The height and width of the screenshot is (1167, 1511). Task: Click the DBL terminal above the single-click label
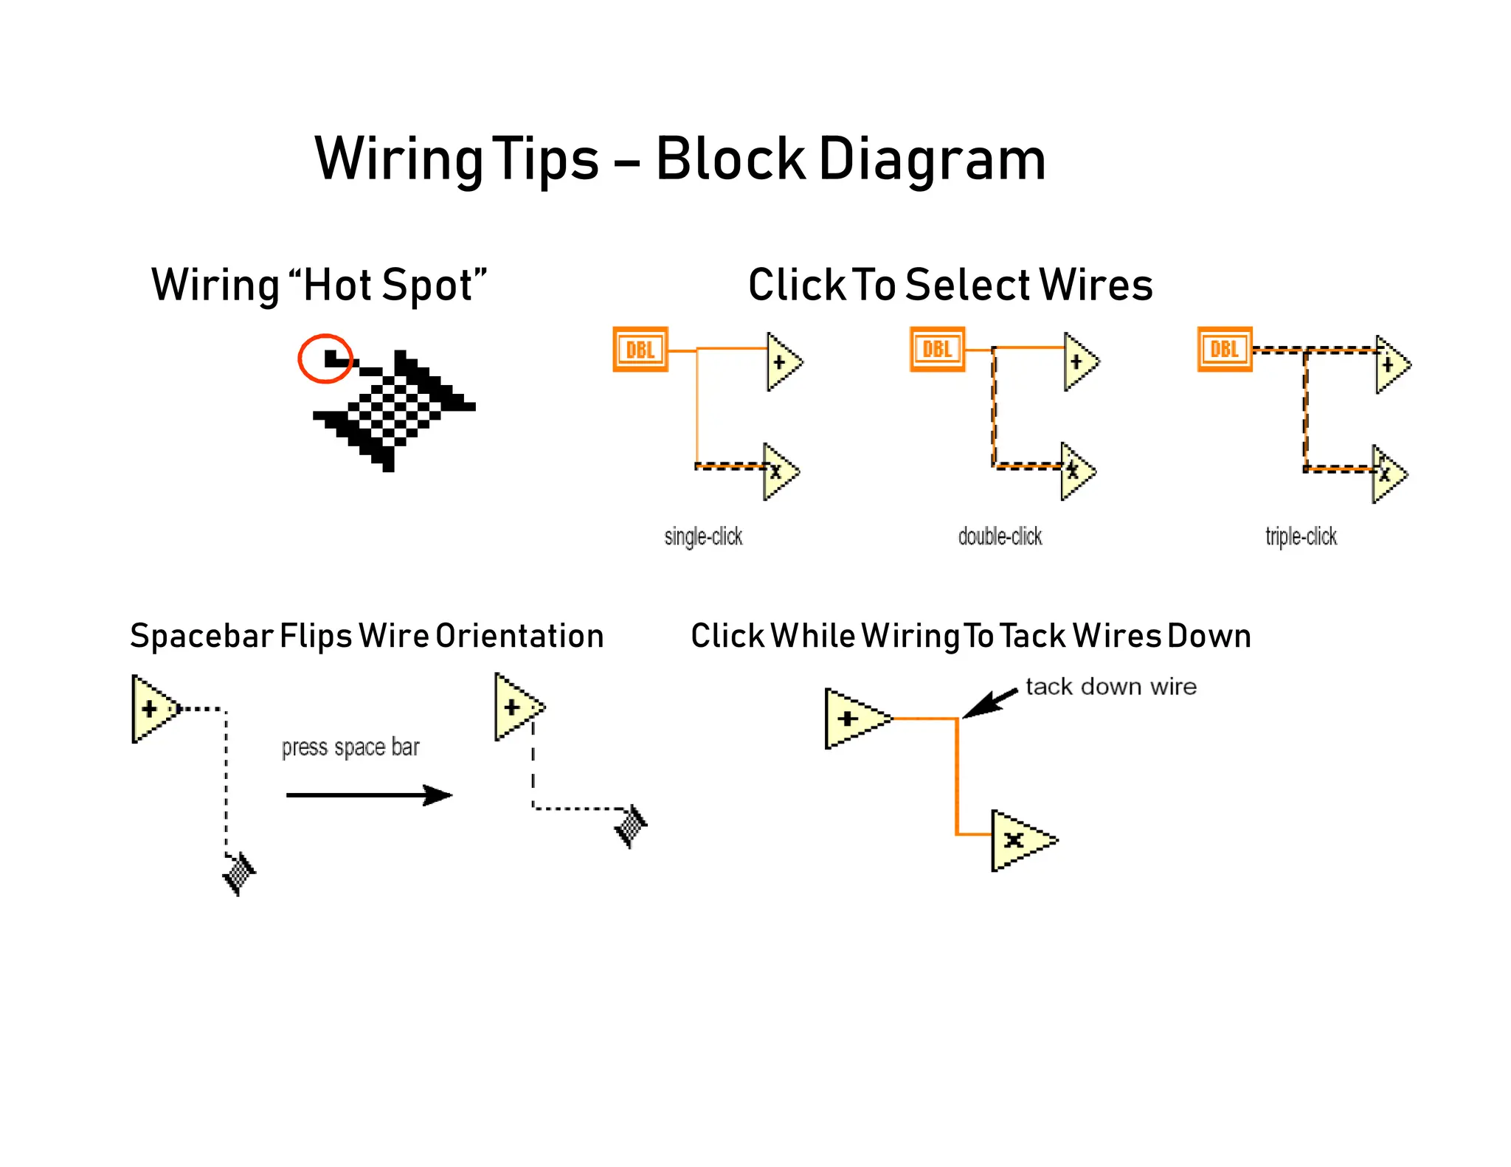(x=640, y=349)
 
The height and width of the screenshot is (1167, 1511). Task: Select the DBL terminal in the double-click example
(x=937, y=349)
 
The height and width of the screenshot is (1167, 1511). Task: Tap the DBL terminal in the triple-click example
(x=1224, y=349)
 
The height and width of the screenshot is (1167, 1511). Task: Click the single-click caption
(x=703, y=536)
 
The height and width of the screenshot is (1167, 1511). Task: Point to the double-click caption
(x=1000, y=536)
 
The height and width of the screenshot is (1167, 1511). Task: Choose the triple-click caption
(x=1301, y=536)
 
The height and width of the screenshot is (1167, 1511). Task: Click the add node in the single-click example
(x=781, y=361)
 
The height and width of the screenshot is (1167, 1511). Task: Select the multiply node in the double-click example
(x=1075, y=471)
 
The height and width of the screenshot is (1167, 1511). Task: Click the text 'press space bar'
(x=350, y=747)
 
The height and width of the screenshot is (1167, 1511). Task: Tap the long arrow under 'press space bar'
(x=368, y=794)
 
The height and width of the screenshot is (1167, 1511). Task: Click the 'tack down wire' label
(x=1110, y=687)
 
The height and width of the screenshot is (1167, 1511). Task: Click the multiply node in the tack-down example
(x=1020, y=839)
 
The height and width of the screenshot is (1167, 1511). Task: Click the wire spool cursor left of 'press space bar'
(x=239, y=874)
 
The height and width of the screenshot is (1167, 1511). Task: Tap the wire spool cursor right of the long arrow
(x=632, y=826)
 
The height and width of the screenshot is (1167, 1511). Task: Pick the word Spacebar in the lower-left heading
(x=201, y=636)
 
